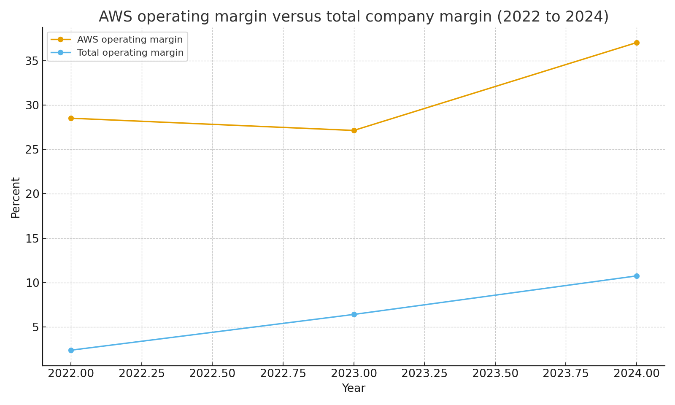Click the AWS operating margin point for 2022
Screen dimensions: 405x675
pos(71,118)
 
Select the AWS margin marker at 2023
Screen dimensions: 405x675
pos(354,130)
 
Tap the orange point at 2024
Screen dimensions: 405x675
pos(637,43)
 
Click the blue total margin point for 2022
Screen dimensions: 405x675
pos(71,350)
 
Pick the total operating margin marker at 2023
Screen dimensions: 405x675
pos(354,314)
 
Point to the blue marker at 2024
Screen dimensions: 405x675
pos(637,276)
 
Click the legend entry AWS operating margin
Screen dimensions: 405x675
pos(130,40)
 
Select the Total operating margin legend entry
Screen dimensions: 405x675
pos(130,53)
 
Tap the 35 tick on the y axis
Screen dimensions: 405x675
pos(32,61)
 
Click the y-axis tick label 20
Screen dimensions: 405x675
pos(32,194)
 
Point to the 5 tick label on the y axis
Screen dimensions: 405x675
pos(35,327)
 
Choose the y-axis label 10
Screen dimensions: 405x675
pos(32,283)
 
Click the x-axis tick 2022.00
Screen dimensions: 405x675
pos(71,374)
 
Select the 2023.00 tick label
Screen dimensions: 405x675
pos(354,374)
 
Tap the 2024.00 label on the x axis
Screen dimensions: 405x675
pos(637,374)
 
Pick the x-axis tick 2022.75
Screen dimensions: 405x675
pos(283,374)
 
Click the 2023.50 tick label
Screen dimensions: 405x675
pos(495,374)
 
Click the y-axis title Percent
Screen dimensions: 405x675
pos(16,197)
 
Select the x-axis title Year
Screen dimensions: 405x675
pos(354,389)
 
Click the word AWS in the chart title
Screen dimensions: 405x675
pos(113,17)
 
